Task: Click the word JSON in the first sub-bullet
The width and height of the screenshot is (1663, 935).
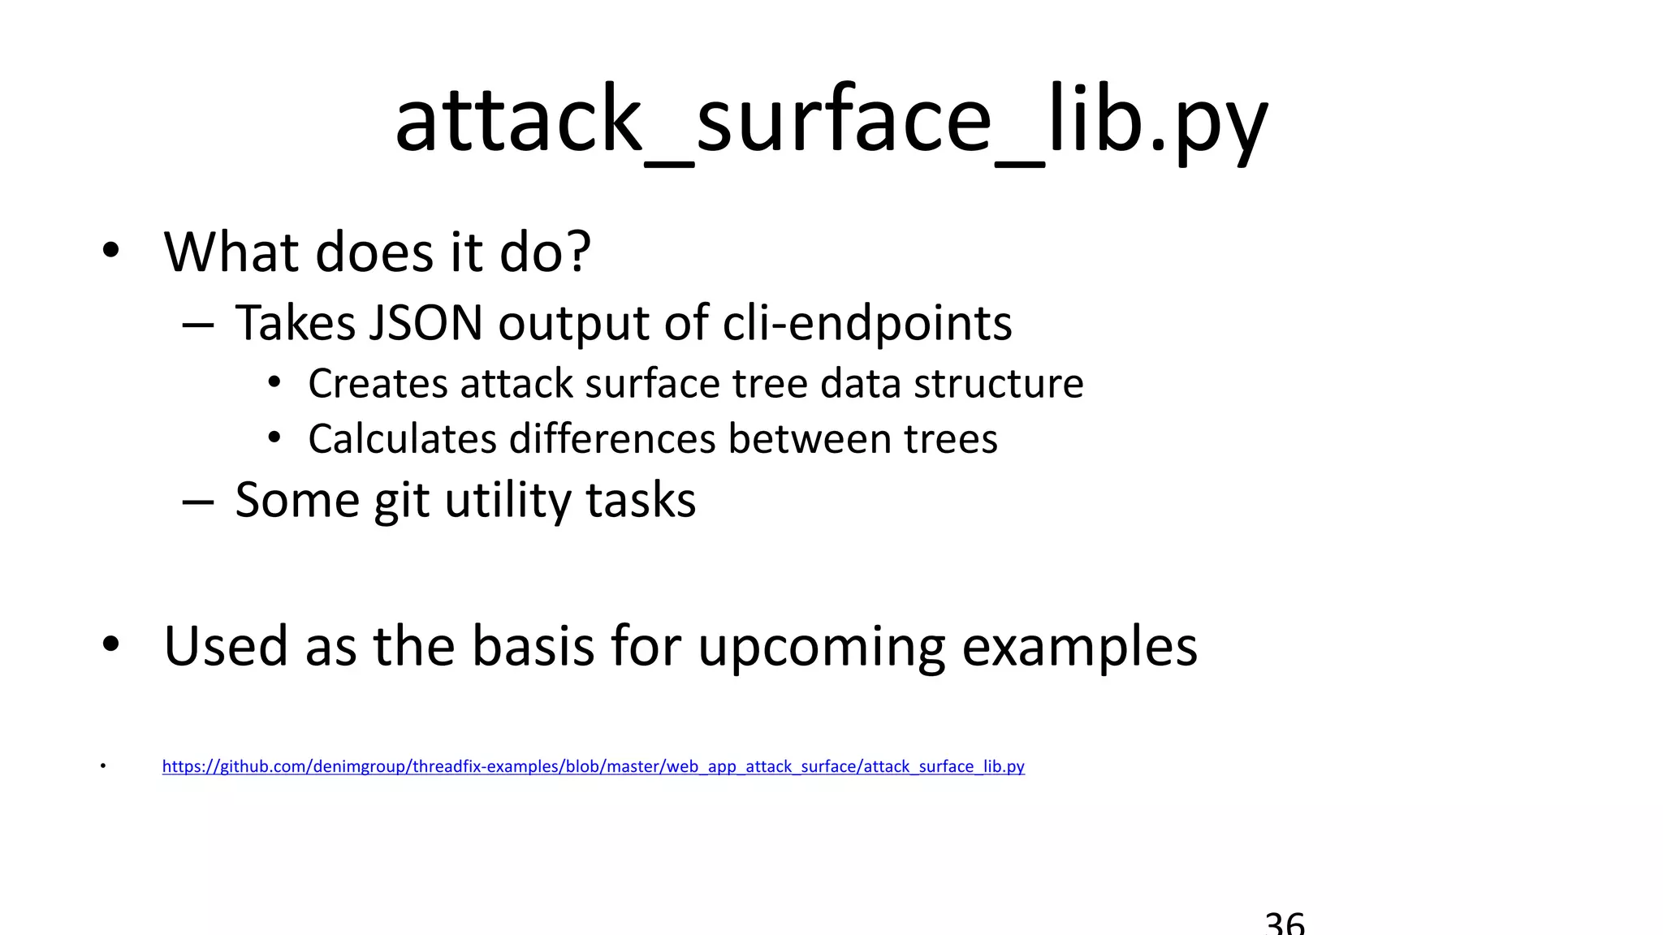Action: pos(426,323)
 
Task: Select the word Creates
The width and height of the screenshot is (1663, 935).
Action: pos(378,383)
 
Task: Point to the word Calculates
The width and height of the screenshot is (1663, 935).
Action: pos(402,439)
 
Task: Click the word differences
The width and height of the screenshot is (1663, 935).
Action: pos(612,439)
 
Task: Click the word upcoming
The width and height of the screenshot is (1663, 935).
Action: pos(821,647)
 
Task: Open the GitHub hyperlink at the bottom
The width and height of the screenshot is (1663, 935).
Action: pos(593,766)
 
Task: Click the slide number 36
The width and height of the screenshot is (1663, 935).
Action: pos(1285,924)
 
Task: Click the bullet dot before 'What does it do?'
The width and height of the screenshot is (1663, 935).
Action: pos(111,250)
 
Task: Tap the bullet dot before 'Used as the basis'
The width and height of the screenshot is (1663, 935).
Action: pos(111,644)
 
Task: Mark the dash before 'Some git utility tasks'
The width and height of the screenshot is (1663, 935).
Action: pos(198,502)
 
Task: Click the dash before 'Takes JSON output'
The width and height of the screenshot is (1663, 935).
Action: pos(198,325)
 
